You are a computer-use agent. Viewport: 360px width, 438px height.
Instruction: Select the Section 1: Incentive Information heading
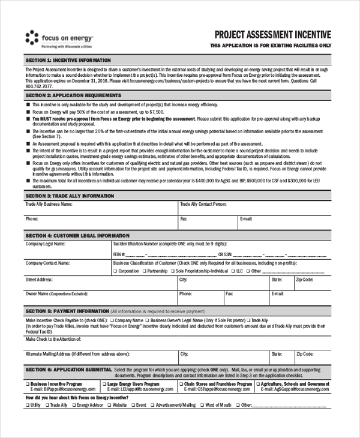[68, 61]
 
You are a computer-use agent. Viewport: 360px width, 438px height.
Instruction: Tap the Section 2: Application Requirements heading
[73, 95]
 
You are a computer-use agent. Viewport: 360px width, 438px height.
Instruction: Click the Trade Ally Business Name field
[100, 208]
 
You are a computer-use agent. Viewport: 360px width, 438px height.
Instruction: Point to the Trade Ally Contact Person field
[255, 208]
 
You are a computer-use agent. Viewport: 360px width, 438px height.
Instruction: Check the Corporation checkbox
[115, 271]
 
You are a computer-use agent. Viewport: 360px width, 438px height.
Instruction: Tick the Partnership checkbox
[144, 271]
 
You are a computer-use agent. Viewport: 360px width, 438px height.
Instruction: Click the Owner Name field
[100, 299]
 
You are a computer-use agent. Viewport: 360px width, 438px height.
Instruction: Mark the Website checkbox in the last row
[110, 405]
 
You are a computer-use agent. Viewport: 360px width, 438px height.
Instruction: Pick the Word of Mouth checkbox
[202, 405]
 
